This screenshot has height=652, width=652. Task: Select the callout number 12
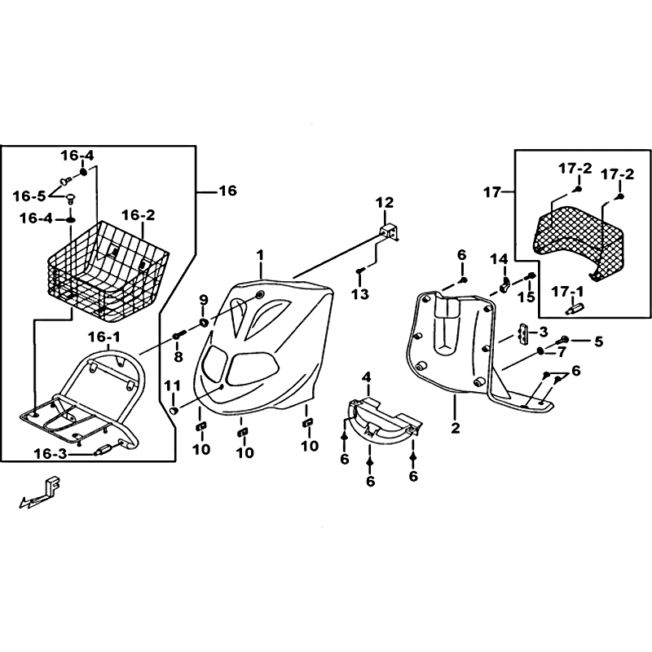pos(384,202)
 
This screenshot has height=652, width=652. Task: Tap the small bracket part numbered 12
pos(390,232)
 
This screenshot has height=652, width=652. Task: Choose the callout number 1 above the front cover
pos(261,255)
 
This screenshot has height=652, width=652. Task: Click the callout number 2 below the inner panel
pos(456,427)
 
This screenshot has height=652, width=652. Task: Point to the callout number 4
pos(368,377)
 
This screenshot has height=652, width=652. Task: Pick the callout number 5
pos(598,341)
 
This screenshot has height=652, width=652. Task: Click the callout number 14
pos(499,258)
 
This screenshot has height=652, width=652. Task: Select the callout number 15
pos(531,296)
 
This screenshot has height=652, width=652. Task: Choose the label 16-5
pos(29,196)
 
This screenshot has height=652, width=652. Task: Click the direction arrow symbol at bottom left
pos(39,494)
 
